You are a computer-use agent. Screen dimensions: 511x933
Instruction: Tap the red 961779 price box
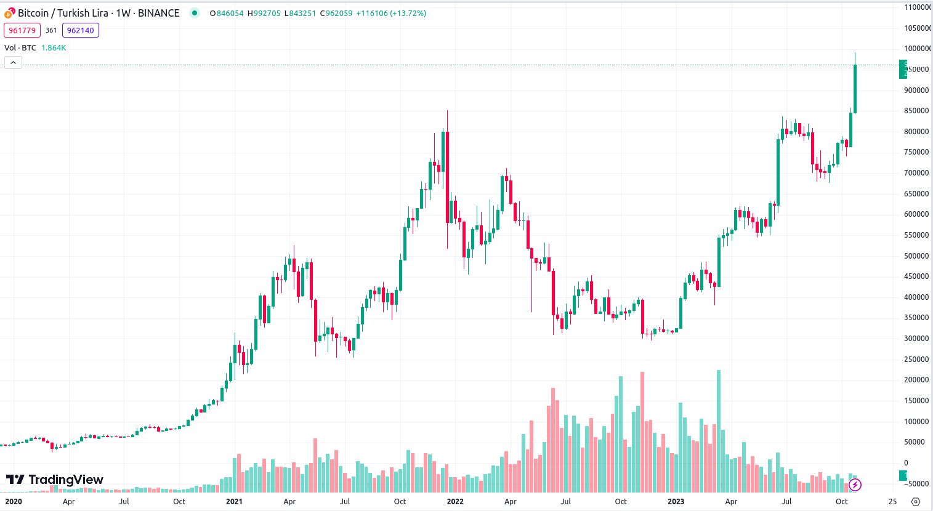point(22,30)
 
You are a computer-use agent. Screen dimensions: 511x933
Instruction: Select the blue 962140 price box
point(81,30)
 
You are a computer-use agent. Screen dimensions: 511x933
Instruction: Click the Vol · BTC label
point(20,47)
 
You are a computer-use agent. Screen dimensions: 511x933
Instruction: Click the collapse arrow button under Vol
point(13,62)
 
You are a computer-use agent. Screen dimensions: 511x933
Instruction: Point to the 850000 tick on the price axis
point(916,111)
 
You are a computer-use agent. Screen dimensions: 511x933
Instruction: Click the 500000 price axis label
point(916,255)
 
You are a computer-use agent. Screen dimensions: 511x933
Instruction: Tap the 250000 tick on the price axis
point(916,359)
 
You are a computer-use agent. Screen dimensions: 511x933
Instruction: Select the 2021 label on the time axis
point(234,501)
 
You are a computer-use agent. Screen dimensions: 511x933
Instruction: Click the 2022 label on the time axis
point(455,501)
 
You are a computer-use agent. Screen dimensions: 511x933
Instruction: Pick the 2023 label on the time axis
point(676,501)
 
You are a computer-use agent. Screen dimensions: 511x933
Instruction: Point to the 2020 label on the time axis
point(14,501)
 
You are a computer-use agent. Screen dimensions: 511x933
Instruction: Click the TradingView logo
point(55,480)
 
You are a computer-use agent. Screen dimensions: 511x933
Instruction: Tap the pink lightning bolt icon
point(855,485)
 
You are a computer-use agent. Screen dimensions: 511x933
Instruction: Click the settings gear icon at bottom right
point(916,501)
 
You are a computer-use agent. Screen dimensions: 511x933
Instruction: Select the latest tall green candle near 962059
point(855,89)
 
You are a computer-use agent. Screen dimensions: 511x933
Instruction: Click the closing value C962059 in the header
point(336,13)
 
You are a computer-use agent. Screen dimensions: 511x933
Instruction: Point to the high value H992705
point(264,13)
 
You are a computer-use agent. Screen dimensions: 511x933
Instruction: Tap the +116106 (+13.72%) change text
point(391,13)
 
